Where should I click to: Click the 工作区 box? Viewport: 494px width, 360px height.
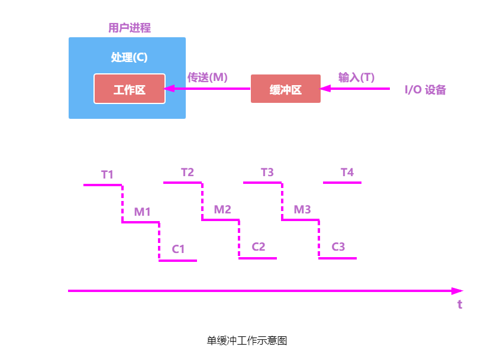[x=129, y=89]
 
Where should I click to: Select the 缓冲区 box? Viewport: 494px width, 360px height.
[x=285, y=89]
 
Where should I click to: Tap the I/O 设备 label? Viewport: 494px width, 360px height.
[x=425, y=90]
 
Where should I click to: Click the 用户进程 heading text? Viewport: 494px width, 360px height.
[x=130, y=28]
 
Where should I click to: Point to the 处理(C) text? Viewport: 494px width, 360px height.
[x=129, y=57]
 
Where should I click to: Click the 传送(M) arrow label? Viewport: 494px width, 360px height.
[x=208, y=77]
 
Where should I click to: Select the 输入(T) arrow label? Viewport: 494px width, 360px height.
[x=356, y=77]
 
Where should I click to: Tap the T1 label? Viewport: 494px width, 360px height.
[x=107, y=174]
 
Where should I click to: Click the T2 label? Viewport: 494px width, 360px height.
[x=187, y=172]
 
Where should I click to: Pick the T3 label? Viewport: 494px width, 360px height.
[x=267, y=172]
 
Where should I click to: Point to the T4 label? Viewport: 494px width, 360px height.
[x=347, y=172]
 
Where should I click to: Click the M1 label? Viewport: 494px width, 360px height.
[x=142, y=211]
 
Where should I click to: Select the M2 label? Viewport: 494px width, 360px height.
[x=222, y=209]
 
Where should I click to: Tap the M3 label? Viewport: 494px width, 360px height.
[x=302, y=209]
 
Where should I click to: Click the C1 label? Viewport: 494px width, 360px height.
[x=179, y=249]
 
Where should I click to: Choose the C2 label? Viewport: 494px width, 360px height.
[x=259, y=247]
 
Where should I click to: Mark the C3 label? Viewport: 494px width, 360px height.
[x=338, y=247]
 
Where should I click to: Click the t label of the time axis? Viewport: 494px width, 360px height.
[x=460, y=305]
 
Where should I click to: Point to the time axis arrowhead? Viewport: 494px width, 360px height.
[x=457, y=291]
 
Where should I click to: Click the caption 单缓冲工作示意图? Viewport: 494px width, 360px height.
[x=247, y=340]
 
